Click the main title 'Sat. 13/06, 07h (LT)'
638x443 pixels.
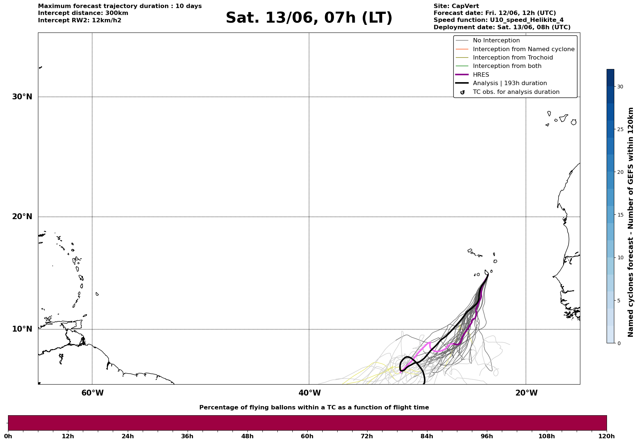click(309, 18)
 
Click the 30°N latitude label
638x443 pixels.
click(22, 97)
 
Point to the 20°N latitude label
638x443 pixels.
click(22, 217)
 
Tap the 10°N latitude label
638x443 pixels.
click(22, 329)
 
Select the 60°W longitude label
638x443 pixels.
click(92, 393)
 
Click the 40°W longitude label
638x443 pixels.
click(310, 393)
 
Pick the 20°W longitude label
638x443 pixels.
click(526, 393)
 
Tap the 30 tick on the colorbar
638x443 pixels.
click(620, 87)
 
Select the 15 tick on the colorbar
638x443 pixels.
click(620, 215)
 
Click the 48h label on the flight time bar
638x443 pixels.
click(247, 436)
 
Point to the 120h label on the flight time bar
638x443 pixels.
click(606, 436)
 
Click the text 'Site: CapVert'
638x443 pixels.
click(456, 6)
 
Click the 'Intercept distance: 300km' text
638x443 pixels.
click(83, 13)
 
